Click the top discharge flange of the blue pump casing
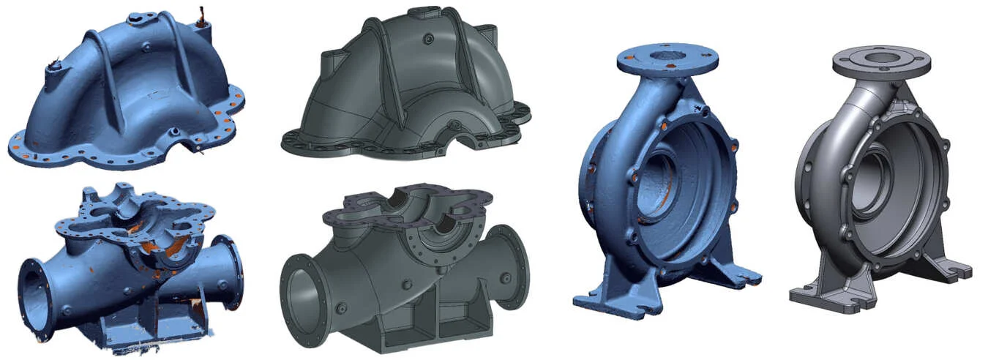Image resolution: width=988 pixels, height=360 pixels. coord(662,62)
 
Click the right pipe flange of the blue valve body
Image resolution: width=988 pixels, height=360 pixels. coord(231,273)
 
